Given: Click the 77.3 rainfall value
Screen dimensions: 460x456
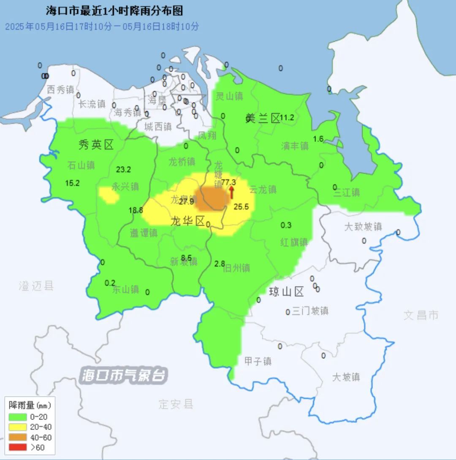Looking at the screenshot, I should [x=228, y=182].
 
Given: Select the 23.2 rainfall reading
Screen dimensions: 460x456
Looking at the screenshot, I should [x=123, y=170].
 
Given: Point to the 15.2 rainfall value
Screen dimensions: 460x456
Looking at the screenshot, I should [x=72, y=183].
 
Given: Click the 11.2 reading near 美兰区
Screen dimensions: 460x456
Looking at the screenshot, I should [x=287, y=118].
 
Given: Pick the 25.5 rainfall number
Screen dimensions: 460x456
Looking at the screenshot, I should [x=241, y=207].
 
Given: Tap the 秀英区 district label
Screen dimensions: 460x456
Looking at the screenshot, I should [x=96, y=146].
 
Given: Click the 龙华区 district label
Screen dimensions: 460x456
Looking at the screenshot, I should [x=188, y=221].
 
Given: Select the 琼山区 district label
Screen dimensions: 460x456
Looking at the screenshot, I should [x=287, y=292].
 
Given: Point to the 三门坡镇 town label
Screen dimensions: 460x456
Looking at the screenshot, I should [x=310, y=311].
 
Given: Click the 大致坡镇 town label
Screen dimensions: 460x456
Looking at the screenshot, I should [x=363, y=227].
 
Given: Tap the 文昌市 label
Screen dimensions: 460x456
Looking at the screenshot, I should [x=421, y=315].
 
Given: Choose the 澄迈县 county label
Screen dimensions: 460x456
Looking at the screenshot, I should [x=36, y=286].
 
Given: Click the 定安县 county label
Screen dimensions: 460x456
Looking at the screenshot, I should [x=176, y=404].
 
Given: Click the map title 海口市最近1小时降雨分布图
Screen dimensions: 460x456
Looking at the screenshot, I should [x=114, y=11].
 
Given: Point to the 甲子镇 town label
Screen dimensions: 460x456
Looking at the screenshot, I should [x=258, y=361].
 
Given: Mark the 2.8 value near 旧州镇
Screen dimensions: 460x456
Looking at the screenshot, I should [x=220, y=264].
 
